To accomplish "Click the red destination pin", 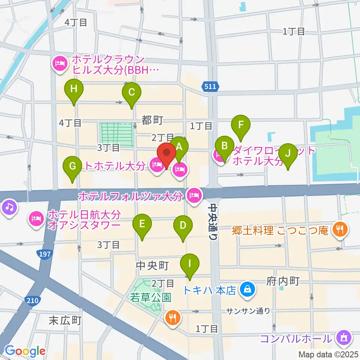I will click(x=166, y=154).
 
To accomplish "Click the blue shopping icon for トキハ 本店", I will click(x=247, y=289).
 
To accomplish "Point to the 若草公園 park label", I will click(x=151, y=298).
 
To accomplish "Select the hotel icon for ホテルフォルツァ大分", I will click(x=194, y=195).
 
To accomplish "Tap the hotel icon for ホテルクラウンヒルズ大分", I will click(x=60, y=64).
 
